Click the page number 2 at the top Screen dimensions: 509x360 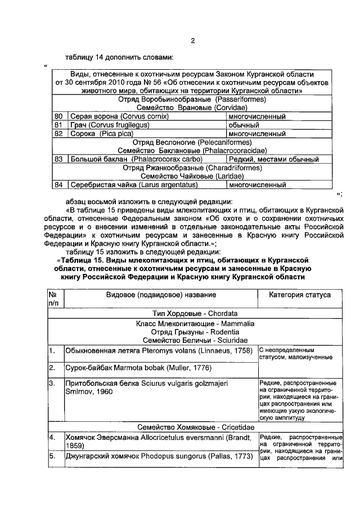point(192,40)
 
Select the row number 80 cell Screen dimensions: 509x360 point(58,116)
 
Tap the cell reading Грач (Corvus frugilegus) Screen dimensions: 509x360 point(107,125)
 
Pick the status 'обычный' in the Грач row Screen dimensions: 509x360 point(244,125)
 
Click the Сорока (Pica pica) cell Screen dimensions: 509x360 point(102,134)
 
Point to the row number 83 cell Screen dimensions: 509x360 point(58,159)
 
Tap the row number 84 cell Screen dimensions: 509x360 point(58,184)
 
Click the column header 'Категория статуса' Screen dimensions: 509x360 point(300,295)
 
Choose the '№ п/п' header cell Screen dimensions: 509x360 point(55,299)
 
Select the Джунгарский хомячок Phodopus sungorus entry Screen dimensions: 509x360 point(157,456)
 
